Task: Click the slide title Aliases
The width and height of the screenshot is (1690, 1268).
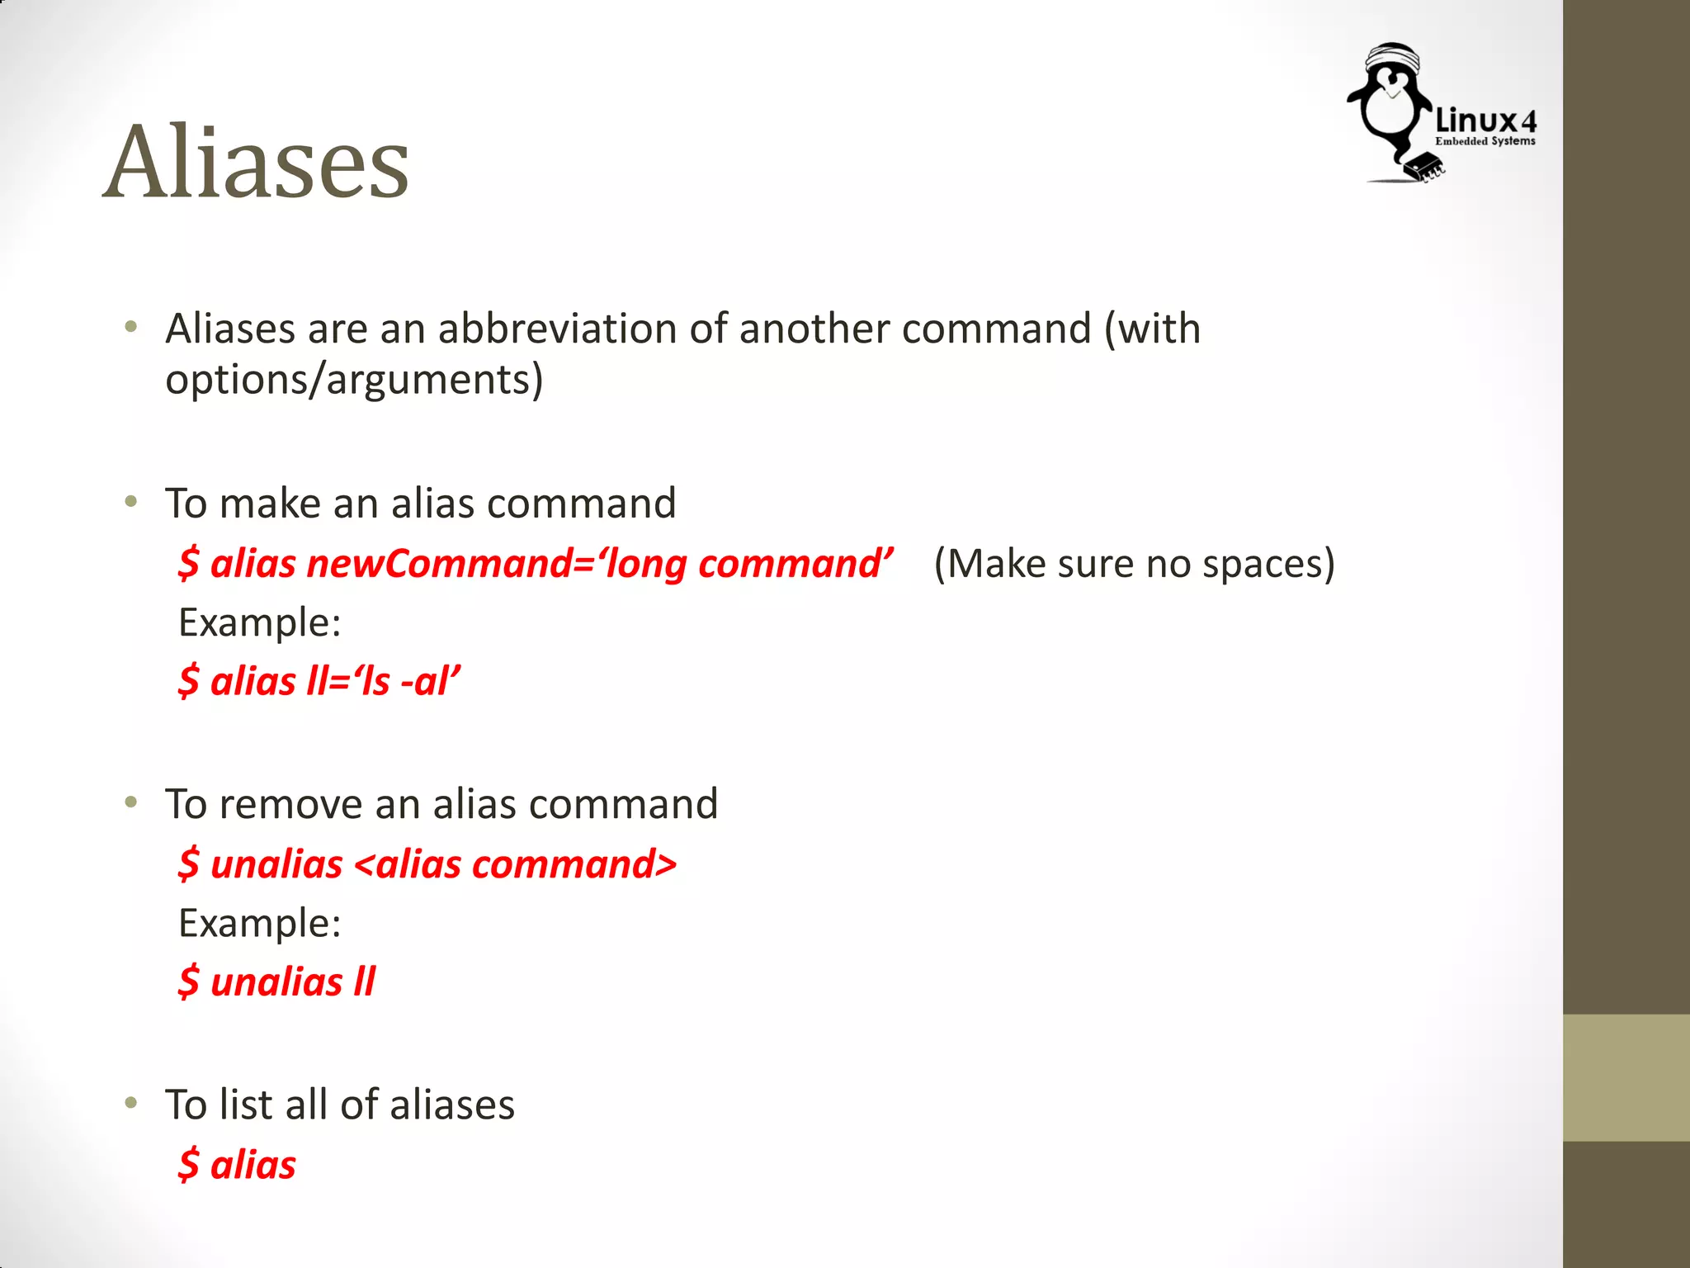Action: point(256,161)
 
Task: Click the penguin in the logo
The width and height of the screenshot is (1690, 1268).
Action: point(1390,107)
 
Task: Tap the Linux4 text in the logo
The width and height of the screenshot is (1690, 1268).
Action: point(1485,121)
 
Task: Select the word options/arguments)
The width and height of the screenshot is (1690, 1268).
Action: point(354,380)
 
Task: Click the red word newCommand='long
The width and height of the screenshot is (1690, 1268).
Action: point(496,564)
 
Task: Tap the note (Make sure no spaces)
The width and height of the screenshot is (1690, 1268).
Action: point(1134,564)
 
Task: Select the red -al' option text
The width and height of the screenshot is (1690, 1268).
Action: point(430,682)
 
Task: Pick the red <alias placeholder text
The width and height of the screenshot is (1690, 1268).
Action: point(408,864)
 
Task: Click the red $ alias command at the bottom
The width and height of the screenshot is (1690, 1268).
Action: point(237,1165)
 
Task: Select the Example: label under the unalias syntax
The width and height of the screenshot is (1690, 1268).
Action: point(260,923)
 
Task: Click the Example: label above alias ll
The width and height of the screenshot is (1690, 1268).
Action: point(260,622)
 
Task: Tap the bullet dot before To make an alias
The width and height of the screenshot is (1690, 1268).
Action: point(130,502)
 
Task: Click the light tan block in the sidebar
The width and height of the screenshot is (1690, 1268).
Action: point(1626,1077)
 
